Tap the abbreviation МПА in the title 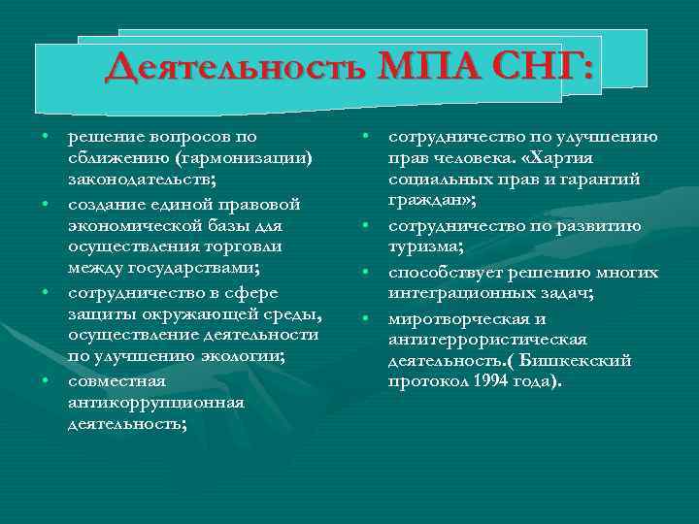click(x=424, y=69)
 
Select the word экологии click(x=242, y=358)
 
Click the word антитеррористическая click(x=487, y=338)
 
